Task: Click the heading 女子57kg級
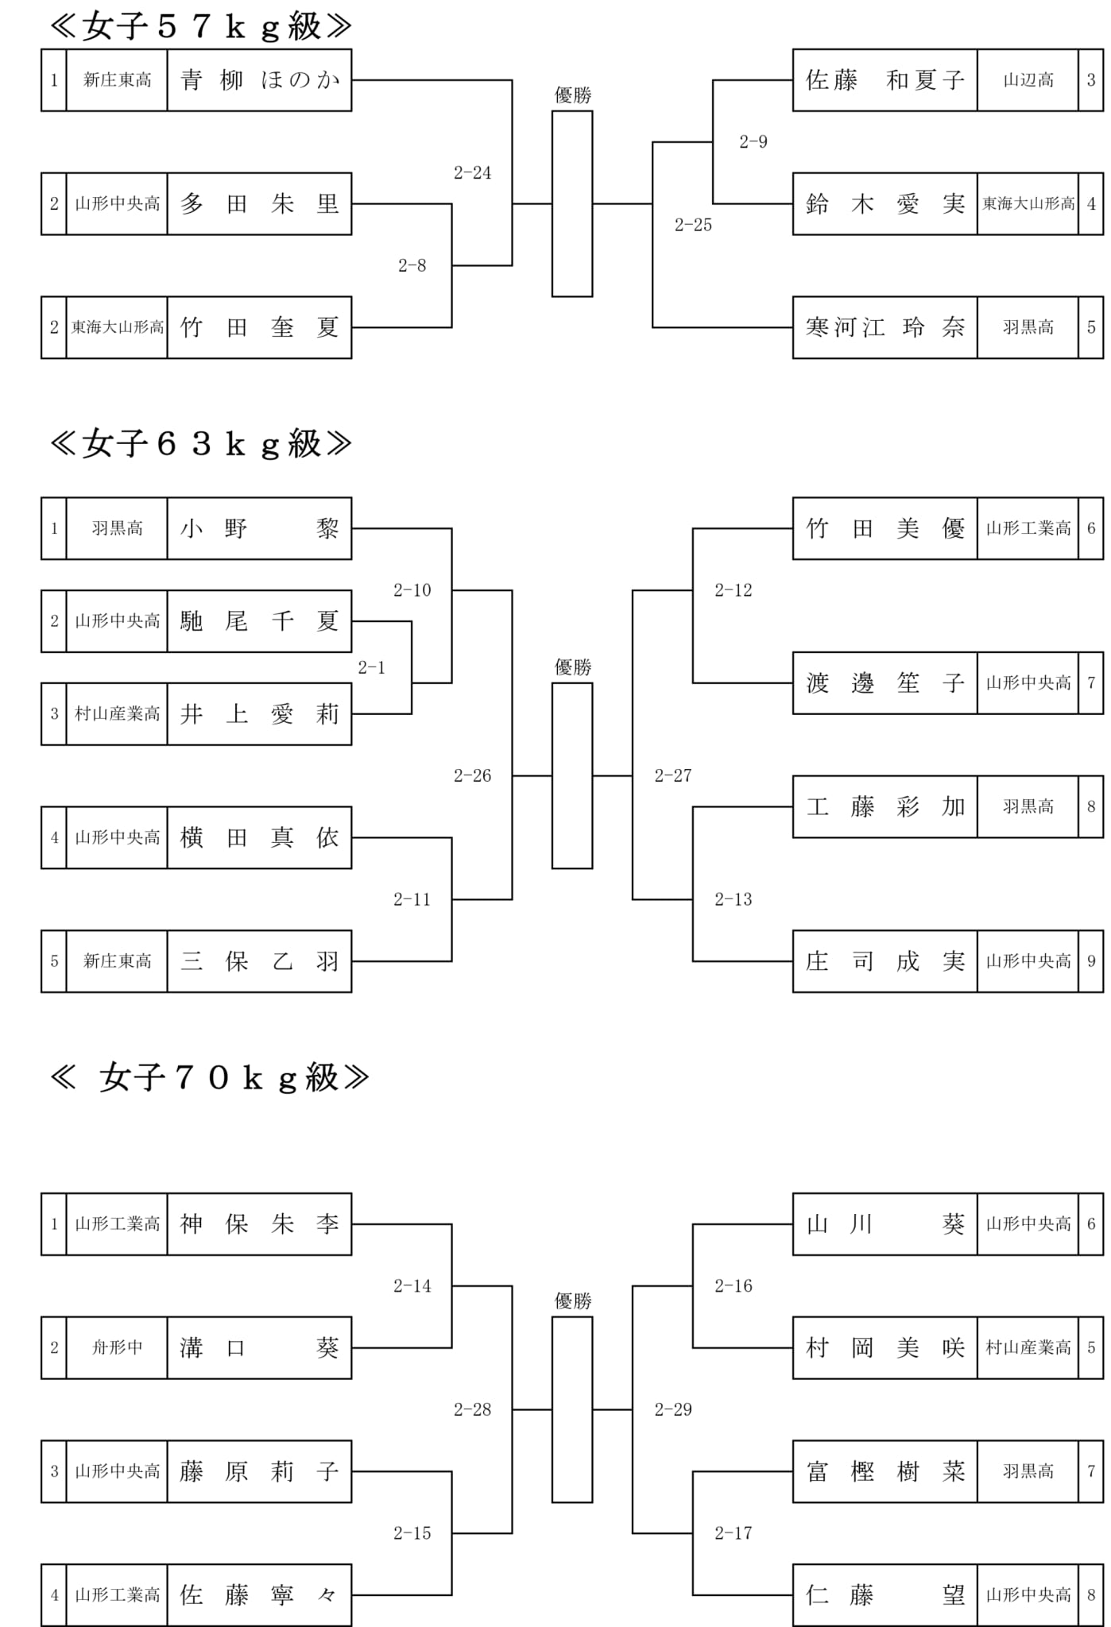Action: tap(200, 26)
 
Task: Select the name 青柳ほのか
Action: tap(259, 80)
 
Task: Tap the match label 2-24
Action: tap(472, 173)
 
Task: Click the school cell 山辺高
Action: tap(1028, 80)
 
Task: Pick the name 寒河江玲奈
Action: tap(885, 327)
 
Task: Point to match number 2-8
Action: tap(412, 266)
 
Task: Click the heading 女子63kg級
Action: tap(200, 443)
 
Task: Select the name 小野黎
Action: tap(259, 529)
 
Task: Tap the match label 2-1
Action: tap(371, 668)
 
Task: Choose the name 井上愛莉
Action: tap(259, 714)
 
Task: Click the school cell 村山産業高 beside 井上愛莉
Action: tap(117, 714)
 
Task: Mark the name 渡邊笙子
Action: tap(885, 683)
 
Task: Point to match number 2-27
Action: tap(672, 776)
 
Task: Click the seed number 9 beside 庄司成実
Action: tap(1091, 961)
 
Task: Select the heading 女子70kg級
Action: tap(210, 1077)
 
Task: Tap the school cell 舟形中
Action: tap(117, 1347)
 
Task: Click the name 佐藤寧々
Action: tap(259, 1594)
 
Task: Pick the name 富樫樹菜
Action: tap(885, 1471)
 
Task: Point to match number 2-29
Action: tap(672, 1409)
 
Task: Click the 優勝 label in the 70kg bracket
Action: tap(572, 1301)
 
